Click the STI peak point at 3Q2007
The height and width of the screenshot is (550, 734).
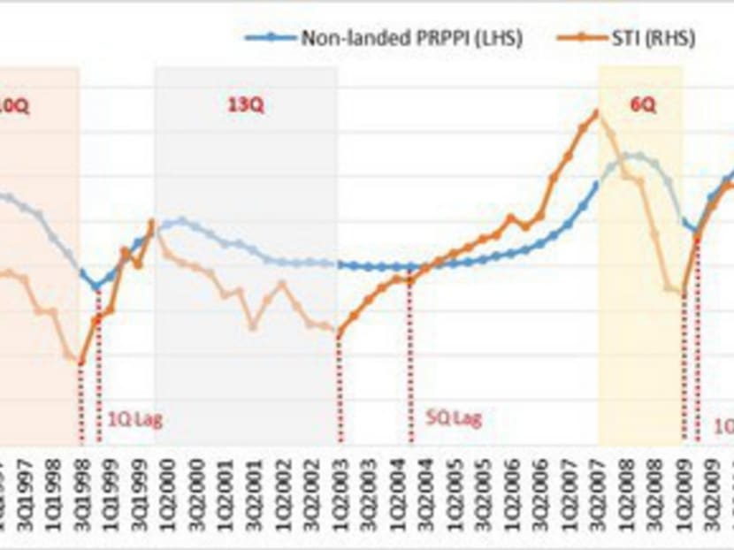(597, 112)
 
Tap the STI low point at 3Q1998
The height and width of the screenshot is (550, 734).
(81, 362)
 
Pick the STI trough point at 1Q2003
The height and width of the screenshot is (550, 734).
(340, 333)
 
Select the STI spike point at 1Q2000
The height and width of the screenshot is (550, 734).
(153, 222)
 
